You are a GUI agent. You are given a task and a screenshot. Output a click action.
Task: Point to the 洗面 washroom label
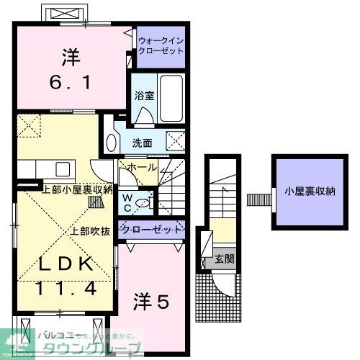click(x=141, y=143)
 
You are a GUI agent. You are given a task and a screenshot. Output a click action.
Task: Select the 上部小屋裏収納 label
click(x=77, y=190)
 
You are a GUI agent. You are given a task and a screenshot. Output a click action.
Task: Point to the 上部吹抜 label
click(x=89, y=232)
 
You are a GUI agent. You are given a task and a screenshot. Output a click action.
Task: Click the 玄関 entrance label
click(x=223, y=258)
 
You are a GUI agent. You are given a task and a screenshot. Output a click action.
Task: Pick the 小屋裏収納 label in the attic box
click(x=310, y=192)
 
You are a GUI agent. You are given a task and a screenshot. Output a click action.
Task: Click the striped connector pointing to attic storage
click(x=256, y=199)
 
